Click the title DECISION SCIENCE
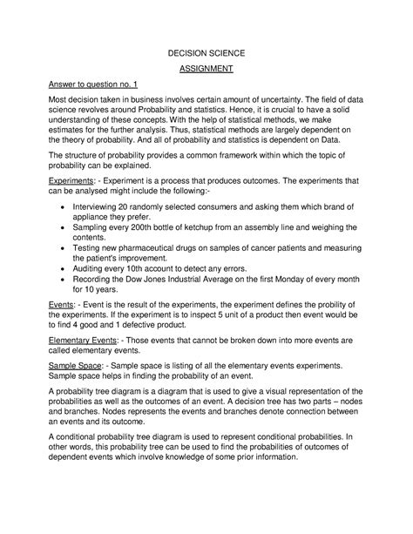pyautogui.click(x=206, y=54)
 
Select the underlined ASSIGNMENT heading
pyautogui.click(x=206, y=72)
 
